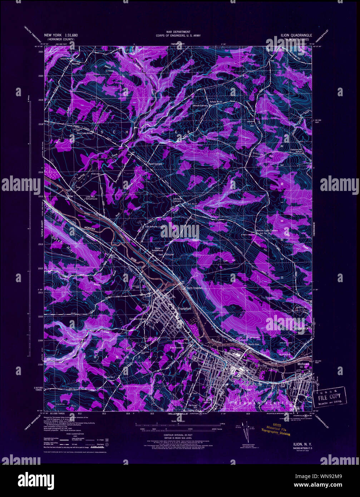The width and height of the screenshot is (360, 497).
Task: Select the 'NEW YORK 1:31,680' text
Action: (x=60, y=35)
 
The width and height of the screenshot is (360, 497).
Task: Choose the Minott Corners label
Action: (x=201, y=106)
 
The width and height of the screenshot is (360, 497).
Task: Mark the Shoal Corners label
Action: (x=155, y=164)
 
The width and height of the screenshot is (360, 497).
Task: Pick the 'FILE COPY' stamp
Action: (x=329, y=396)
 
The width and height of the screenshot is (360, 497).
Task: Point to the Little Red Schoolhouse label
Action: (x=92, y=198)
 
